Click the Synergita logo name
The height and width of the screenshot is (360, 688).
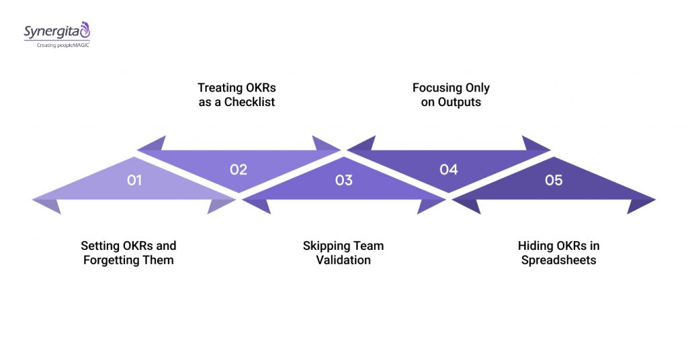point(50,32)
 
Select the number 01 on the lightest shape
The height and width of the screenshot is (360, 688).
point(134,180)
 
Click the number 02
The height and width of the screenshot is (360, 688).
point(239,169)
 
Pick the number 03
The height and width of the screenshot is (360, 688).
point(343,180)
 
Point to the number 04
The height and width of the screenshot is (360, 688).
point(449,169)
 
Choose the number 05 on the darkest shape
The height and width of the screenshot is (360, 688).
point(554,180)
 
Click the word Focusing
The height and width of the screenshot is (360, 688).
point(437,88)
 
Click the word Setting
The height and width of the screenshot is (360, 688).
point(99,246)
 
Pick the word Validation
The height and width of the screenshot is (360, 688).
point(343,260)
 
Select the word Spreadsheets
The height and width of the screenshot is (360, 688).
point(558,260)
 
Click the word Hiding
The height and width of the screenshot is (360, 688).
point(534,246)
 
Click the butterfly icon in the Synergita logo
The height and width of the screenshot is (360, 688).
point(85,30)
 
